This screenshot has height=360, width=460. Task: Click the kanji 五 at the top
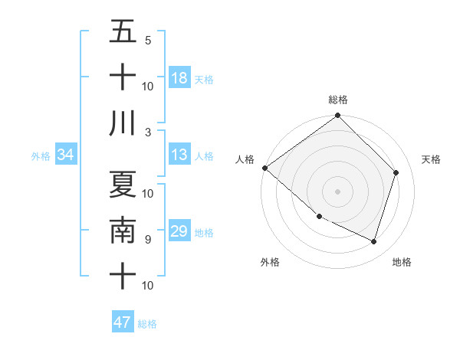(123, 33)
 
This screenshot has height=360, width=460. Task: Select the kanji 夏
(123, 184)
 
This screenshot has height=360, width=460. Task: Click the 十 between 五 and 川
(123, 77)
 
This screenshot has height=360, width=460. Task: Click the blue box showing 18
(179, 78)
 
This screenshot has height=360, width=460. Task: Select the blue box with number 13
(179, 155)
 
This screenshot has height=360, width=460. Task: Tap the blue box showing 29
(179, 231)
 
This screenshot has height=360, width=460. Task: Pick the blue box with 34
(66, 155)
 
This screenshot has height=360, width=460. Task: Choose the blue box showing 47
(123, 322)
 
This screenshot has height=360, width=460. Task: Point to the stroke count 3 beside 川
(148, 132)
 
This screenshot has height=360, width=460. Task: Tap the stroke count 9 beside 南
(148, 239)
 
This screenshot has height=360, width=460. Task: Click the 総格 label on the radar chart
(338, 100)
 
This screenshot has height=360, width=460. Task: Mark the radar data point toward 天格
(396, 173)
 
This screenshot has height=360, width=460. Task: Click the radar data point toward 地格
(374, 241)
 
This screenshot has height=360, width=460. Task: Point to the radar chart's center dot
(338, 191)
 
